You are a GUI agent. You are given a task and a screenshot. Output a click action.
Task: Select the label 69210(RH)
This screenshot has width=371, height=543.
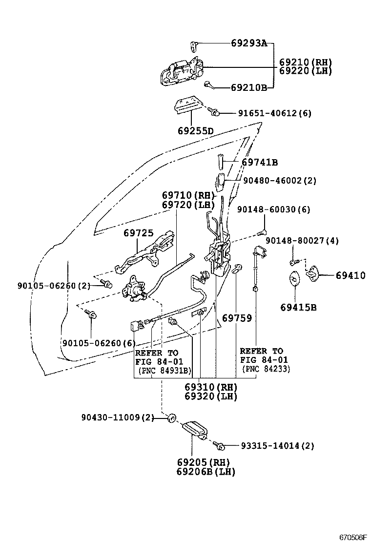coord(306,62)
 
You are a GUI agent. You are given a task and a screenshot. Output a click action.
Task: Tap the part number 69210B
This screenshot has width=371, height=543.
coord(248,88)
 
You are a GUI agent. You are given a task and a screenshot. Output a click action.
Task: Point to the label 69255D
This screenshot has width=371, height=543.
coord(195,131)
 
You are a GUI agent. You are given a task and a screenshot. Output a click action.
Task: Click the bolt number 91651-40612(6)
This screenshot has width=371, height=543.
coord(274,113)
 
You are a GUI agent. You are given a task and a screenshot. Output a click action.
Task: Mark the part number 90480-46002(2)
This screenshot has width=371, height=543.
coord(280,181)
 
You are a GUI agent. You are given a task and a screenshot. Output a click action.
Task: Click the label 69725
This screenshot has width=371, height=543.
coord(138,233)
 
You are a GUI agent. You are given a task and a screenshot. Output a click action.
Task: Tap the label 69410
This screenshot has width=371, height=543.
coord(350,276)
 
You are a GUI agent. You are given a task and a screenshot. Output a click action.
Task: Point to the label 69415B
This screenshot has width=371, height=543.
coord(298,307)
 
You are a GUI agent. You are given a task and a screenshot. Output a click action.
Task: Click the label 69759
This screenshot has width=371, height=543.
coord(237,318)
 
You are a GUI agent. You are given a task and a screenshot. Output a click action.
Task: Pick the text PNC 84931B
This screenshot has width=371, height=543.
coord(157,370)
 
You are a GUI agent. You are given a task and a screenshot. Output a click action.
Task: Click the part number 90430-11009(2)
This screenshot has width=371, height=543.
coord(118,418)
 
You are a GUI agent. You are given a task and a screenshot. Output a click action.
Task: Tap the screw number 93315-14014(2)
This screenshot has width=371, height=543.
coord(277,445)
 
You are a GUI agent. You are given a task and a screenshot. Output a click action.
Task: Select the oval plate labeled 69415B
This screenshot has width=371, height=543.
coord(294,279)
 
